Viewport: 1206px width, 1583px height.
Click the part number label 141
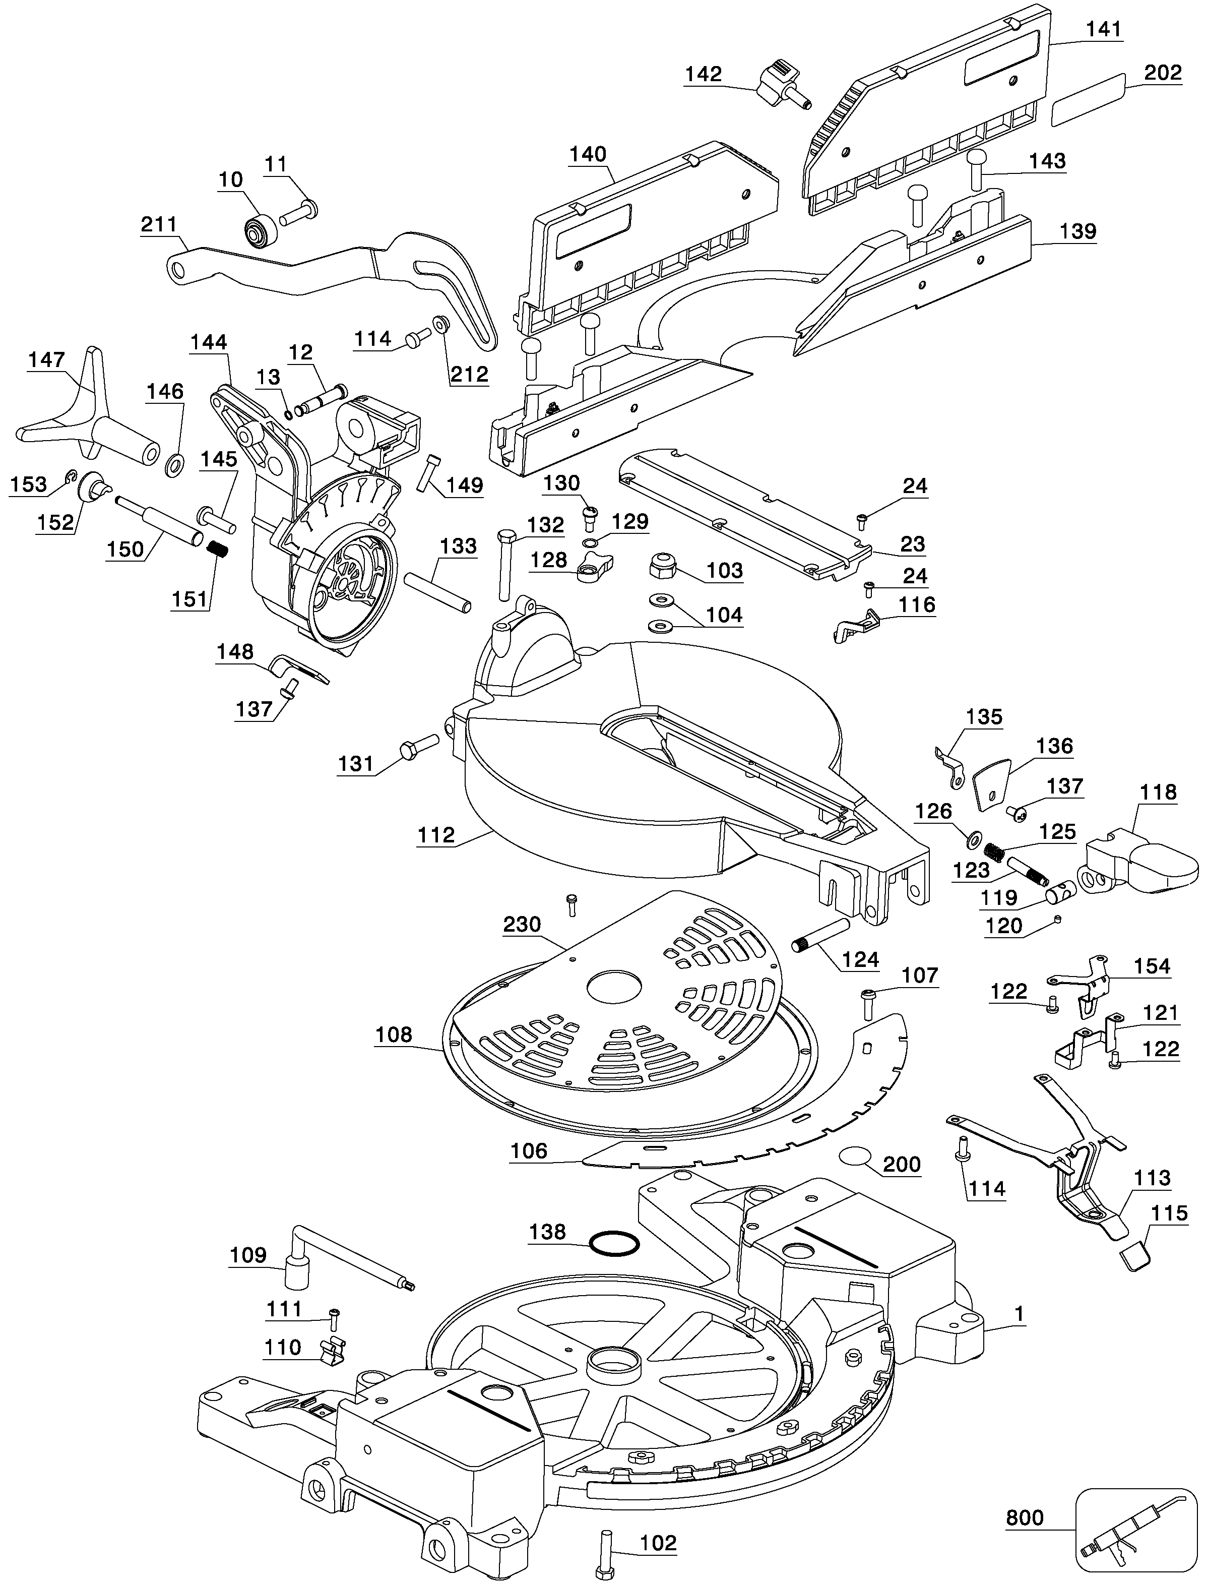click(x=1103, y=29)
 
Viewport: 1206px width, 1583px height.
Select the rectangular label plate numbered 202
click(x=1088, y=99)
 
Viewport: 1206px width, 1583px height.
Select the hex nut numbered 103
click(x=661, y=567)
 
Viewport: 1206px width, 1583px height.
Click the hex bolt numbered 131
click(x=416, y=747)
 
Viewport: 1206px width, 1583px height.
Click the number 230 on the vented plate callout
click(x=522, y=924)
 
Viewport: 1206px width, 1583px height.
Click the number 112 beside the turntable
click(x=436, y=835)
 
